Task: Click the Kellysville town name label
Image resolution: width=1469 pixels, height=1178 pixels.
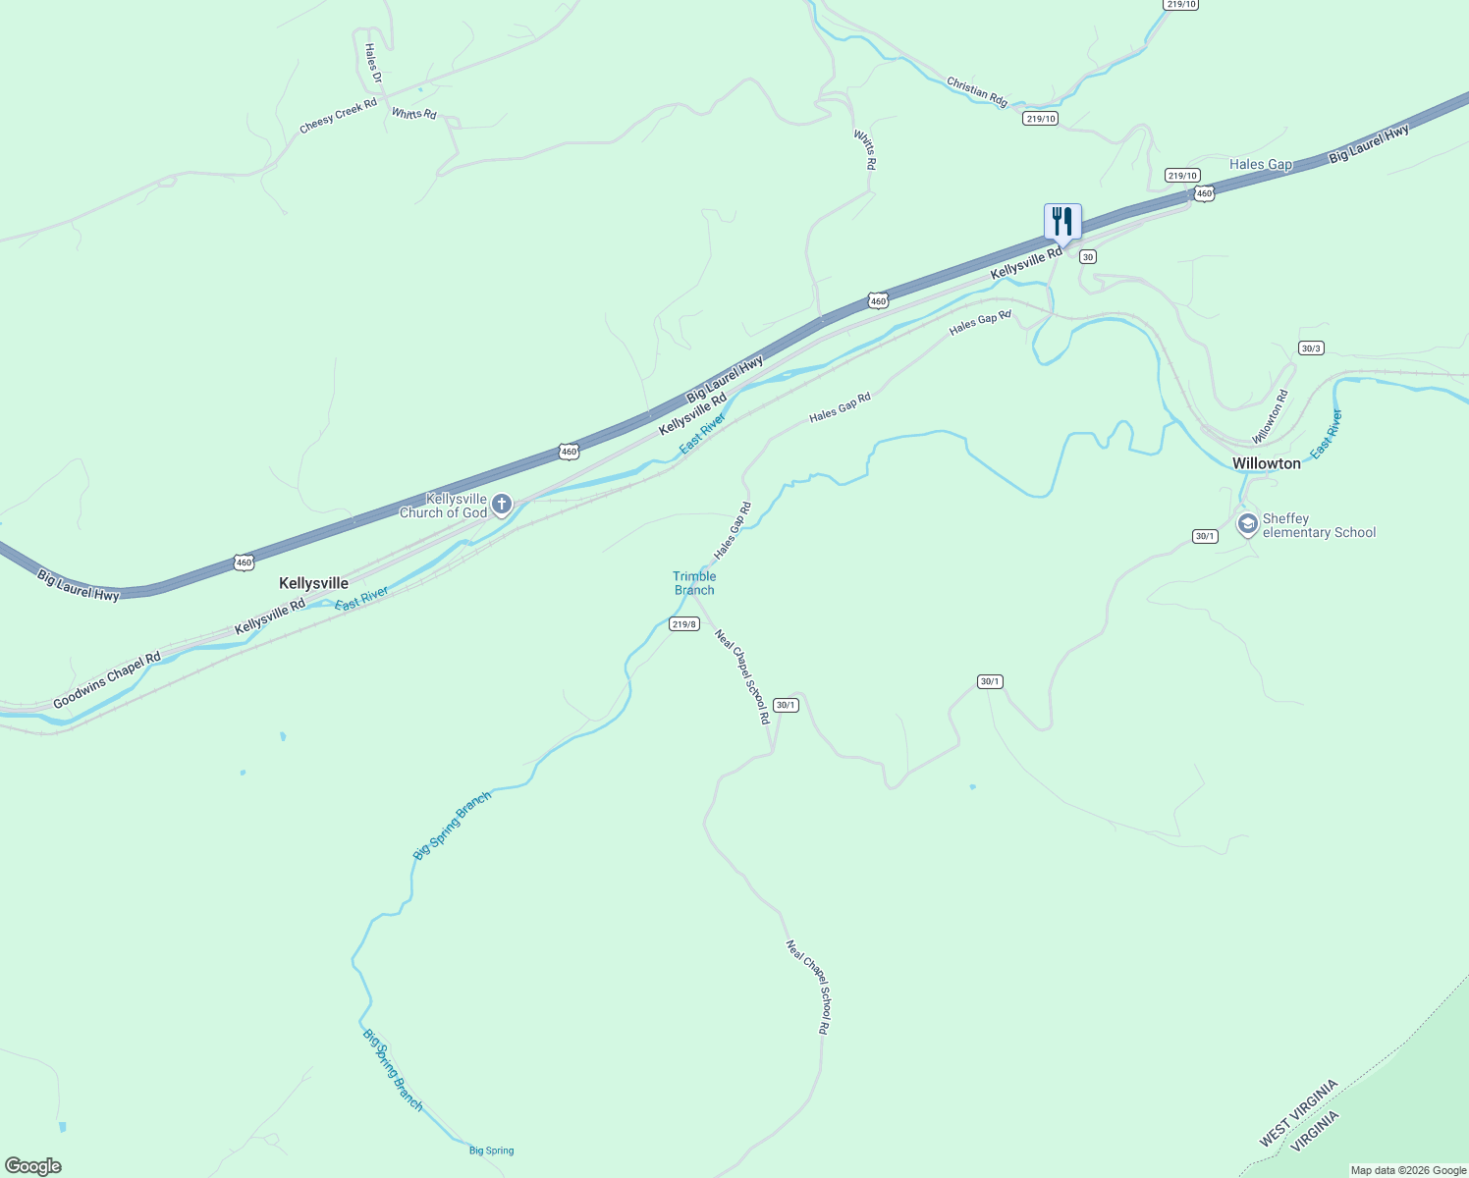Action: click(313, 583)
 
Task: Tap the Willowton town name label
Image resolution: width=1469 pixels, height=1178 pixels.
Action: click(1266, 463)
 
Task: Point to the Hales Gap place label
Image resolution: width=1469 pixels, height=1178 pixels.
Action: click(1261, 164)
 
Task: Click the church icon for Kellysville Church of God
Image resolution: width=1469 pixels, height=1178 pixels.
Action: click(502, 505)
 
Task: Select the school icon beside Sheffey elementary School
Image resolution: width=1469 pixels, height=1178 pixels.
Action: click(1247, 524)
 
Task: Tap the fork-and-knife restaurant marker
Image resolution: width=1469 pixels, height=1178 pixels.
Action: click(1061, 223)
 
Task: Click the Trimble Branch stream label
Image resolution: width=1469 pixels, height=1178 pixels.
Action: click(694, 583)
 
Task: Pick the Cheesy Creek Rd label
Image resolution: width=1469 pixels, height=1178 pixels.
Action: click(338, 115)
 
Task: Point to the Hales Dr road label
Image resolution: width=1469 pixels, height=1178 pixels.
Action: click(372, 63)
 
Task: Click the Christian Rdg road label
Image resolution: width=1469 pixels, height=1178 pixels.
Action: click(977, 91)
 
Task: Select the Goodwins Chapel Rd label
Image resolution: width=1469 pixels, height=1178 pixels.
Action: click(106, 680)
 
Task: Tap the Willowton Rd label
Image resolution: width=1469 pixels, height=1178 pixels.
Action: click(1270, 417)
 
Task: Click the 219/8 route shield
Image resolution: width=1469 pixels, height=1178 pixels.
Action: click(684, 624)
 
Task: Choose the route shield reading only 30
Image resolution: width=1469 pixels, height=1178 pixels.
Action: click(1087, 256)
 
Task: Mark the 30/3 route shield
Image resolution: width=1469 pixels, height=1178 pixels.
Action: click(1311, 348)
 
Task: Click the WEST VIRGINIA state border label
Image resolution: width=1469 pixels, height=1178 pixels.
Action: click(1298, 1113)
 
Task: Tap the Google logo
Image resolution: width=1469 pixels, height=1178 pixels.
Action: click(32, 1166)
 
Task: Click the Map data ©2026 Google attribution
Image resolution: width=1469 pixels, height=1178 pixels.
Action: click(1408, 1170)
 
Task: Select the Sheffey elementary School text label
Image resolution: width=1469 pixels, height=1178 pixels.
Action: click(1319, 525)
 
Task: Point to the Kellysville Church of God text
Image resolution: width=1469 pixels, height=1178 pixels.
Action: click(444, 506)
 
